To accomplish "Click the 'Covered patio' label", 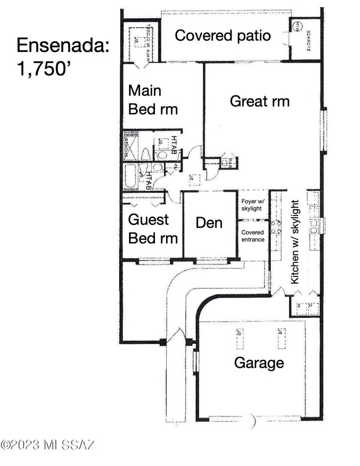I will (x=223, y=35).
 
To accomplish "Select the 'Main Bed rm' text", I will (x=153, y=99).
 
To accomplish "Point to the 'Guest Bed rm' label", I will (x=153, y=228).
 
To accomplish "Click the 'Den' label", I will (x=209, y=223).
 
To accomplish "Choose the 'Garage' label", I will (x=259, y=363).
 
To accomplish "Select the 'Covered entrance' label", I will (x=253, y=235).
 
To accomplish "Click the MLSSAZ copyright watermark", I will (x=49, y=444).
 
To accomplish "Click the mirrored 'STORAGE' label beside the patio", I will (x=308, y=39).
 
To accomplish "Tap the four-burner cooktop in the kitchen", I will (x=275, y=225).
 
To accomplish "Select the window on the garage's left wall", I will (x=195, y=362).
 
